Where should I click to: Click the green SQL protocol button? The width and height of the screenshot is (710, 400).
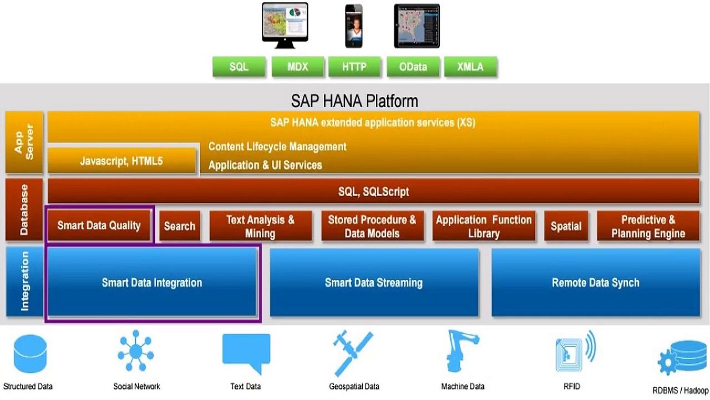[239, 67]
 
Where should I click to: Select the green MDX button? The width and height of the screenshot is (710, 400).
[297, 67]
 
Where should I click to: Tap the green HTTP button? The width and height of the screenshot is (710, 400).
[354, 67]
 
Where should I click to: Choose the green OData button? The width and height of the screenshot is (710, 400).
[413, 67]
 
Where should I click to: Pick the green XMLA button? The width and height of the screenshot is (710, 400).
[470, 67]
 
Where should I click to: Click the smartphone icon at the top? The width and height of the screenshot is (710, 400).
[354, 26]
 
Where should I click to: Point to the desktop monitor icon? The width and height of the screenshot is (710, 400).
[285, 24]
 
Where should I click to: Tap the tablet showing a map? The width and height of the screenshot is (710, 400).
[417, 26]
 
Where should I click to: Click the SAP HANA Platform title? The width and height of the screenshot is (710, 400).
[354, 101]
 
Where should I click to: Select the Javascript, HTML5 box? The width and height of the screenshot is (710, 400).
[121, 161]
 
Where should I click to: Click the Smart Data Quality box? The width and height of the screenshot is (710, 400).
[99, 226]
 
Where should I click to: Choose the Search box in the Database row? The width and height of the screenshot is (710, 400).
[180, 226]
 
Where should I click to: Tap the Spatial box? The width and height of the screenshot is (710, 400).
[566, 226]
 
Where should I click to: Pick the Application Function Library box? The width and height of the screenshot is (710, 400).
[484, 226]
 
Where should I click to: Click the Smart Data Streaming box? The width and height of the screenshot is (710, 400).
[374, 283]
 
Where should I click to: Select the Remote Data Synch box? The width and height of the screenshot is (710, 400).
[596, 283]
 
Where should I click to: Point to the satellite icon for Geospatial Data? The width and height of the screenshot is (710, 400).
[353, 353]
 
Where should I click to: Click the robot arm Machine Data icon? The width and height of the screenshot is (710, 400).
[462, 352]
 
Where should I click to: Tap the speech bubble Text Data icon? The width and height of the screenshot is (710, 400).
[246, 353]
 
